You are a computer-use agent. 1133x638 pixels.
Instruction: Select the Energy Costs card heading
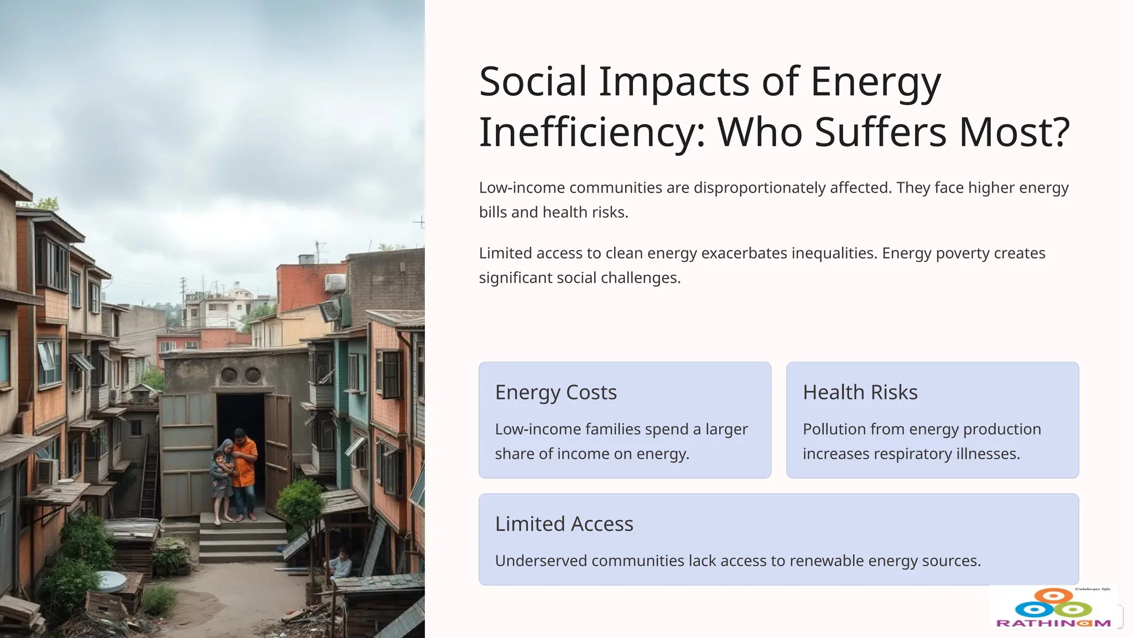coord(555,392)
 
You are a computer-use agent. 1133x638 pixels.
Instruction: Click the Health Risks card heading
coord(860,392)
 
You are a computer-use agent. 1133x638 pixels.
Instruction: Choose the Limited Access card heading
coord(564,523)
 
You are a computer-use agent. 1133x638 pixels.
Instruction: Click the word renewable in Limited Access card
coord(827,560)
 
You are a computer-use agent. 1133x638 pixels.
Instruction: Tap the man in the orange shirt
coord(243,471)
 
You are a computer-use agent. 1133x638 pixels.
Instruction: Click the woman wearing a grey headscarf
coord(222,476)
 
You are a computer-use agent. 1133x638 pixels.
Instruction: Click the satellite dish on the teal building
coord(330,311)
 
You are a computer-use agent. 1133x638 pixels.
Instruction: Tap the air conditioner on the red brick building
coord(335,282)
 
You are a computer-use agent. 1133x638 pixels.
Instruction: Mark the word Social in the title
coord(532,82)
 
